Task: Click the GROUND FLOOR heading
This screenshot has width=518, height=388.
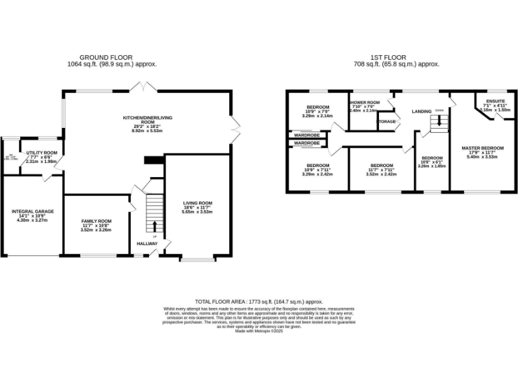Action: [x=107, y=57]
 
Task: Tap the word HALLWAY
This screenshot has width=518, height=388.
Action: [x=147, y=244]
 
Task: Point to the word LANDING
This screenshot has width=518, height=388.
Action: [x=422, y=111]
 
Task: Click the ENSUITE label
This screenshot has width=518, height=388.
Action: [x=496, y=105]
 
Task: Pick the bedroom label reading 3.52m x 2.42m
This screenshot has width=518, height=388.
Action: [x=381, y=170]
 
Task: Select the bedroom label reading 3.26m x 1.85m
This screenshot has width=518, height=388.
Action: [x=432, y=161]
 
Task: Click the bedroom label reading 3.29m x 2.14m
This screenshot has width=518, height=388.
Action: [x=318, y=112]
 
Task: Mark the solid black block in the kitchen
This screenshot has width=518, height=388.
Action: [x=154, y=160]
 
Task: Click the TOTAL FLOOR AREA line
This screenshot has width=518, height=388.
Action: [x=258, y=302]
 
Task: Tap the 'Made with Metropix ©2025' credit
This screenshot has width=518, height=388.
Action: [x=258, y=331]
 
